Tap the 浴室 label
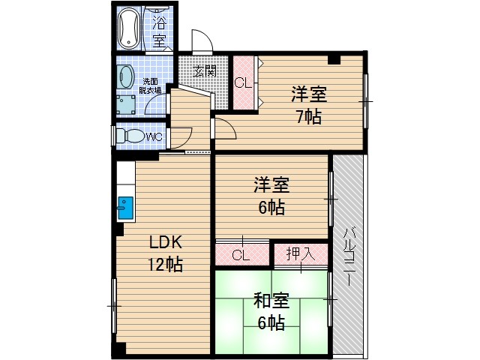pos(159,31)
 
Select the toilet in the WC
pos(131,136)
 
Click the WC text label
pos(154,137)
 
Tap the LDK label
pos(165,242)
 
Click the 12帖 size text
pos(165,264)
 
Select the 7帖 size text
pos(308,117)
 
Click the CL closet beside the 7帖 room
pos(242,83)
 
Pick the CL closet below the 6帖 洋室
pos(240,255)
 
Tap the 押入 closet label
pos(300,254)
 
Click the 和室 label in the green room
pos(271,301)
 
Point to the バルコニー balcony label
pos(349,256)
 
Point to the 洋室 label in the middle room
pos(271,184)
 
